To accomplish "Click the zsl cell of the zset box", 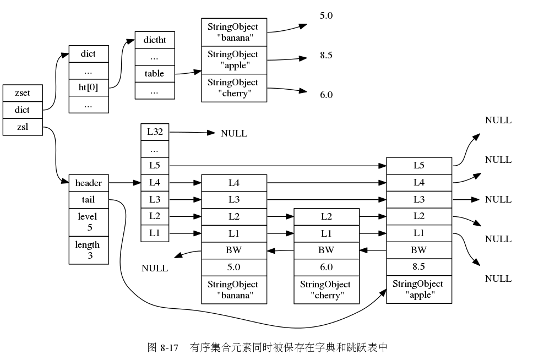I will click(x=23, y=127).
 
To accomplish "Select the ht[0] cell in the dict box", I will click(x=88, y=88).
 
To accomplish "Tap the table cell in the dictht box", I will click(x=155, y=74).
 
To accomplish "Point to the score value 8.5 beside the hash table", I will click(x=326, y=55).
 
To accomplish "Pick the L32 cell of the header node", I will click(x=155, y=132).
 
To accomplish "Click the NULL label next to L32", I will click(x=234, y=133).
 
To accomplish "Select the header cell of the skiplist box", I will click(x=88, y=183).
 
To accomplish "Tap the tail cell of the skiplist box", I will click(x=88, y=199).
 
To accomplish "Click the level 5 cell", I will click(x=88, y=222).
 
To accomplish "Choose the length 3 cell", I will click(x=88, y=250).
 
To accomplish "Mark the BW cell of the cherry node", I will click(x=327, y=250).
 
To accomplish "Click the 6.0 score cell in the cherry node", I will click(x=327, y=267).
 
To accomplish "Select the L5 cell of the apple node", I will click(x=419, y=166).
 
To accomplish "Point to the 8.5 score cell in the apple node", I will click(x=419, y=266).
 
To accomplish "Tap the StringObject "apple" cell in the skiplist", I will click(x=419, y=289).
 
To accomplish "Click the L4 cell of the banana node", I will click(x=234, y=183).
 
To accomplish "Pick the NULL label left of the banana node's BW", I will click(x=155, y=269).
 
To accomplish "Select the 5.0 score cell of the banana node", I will click(x=234, y=267).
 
